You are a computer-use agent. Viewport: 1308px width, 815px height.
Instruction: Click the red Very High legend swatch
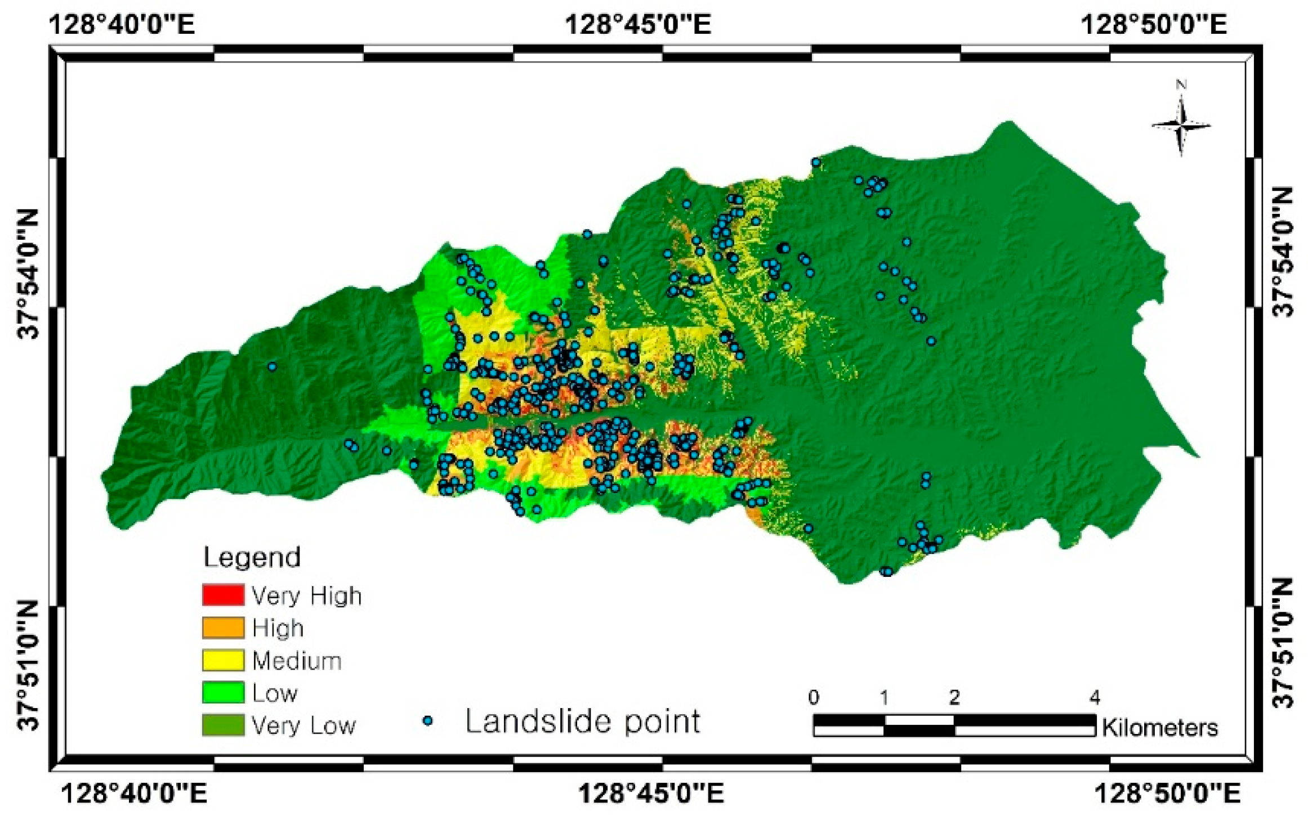(223, 595)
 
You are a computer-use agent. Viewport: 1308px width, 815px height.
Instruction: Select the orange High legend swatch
(223, 628)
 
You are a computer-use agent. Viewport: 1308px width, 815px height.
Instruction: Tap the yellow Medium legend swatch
(223, 660)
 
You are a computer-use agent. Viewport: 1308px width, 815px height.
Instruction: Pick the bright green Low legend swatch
(223, 692)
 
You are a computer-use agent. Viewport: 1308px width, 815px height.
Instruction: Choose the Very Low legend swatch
(223, 725)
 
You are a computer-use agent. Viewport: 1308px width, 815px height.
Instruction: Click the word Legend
(252, 557)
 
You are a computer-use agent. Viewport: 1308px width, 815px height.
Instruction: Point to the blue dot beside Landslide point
(428, 720)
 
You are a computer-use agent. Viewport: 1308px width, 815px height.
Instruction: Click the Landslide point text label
(583, 722)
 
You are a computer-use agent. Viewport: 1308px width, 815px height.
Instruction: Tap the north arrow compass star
(1181, 126)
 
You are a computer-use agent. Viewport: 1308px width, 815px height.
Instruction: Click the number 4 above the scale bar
(1094, 698)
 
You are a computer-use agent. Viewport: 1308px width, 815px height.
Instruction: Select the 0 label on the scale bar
(814, 698)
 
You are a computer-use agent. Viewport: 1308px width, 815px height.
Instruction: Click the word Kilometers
(1160, 728)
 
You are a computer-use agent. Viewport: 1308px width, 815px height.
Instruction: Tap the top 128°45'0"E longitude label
(638, 24)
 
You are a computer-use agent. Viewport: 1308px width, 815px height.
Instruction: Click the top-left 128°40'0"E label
(122, 24)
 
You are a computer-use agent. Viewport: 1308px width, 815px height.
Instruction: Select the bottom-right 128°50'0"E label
(1167, 794)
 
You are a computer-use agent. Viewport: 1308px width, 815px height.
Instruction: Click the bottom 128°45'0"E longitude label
(651, 794)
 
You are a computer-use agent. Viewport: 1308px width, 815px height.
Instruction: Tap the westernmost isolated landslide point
(272, 367)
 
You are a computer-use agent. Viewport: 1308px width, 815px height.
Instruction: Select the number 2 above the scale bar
(954, 698)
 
